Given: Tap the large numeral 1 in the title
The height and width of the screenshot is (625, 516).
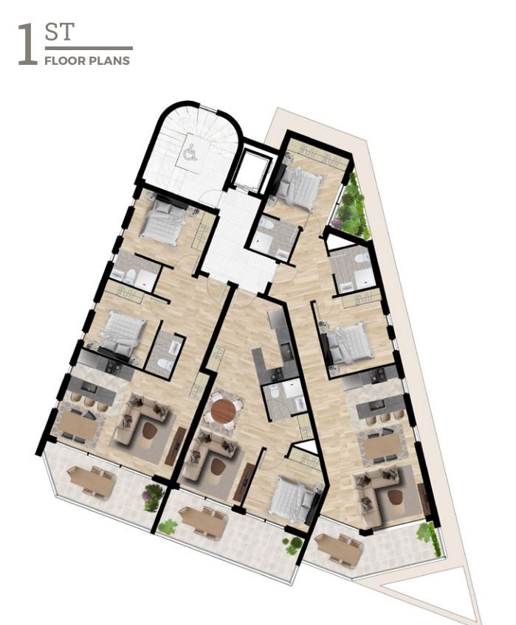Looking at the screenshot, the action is click(28, 43).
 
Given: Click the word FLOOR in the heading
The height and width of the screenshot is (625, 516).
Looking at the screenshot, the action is click(59, 61).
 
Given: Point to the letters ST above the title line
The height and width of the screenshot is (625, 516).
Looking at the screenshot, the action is click(60, 32).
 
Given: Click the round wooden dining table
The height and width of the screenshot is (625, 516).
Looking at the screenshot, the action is click(223, 411).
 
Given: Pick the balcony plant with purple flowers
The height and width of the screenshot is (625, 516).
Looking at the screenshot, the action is click(154, 497).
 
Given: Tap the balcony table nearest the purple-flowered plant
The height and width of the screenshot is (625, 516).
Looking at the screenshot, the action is click(91, 481).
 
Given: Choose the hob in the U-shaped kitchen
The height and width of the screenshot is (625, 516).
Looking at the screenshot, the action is click(275, 374).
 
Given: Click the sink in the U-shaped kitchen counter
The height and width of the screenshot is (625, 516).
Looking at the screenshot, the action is click(286, 351).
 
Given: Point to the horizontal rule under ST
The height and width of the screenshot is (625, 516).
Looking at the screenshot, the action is click(89, 48).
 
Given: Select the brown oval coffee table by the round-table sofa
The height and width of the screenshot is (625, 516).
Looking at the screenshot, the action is click(217, 466).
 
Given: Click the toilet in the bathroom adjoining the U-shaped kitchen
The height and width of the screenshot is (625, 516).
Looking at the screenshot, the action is click(274, 393).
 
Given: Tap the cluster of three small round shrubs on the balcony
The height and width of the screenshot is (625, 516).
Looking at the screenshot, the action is click(293, 545).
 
